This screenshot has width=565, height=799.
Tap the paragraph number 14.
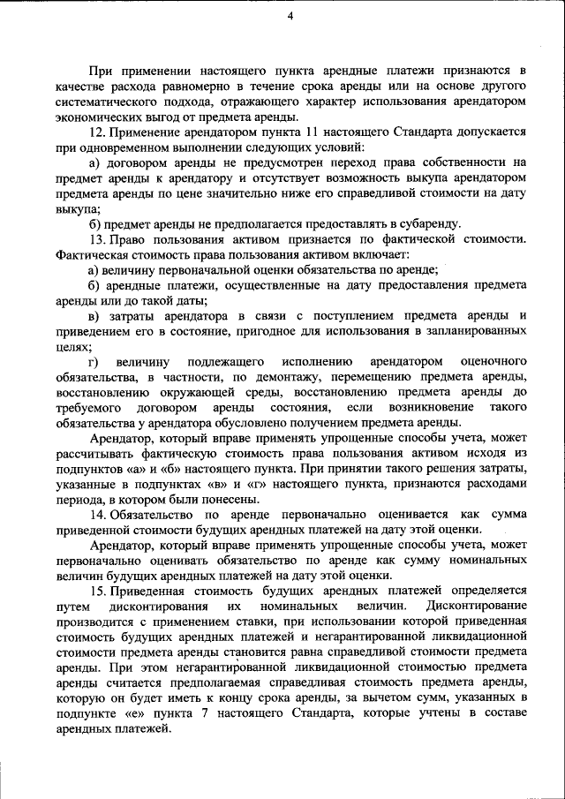click(97, 514)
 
